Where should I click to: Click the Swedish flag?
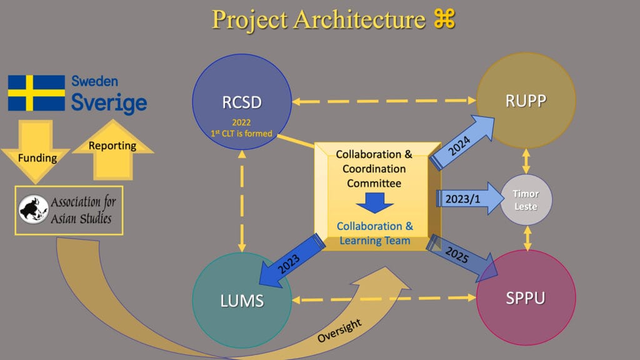(x=36, y=93)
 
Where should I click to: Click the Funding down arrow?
(x=36, y=154)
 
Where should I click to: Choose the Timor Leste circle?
(x=526, y=200)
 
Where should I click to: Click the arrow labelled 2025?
(x=463, y=257)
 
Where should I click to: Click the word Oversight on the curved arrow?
(x=340, y=330)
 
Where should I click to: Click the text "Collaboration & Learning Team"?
(x=374, y=233)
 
